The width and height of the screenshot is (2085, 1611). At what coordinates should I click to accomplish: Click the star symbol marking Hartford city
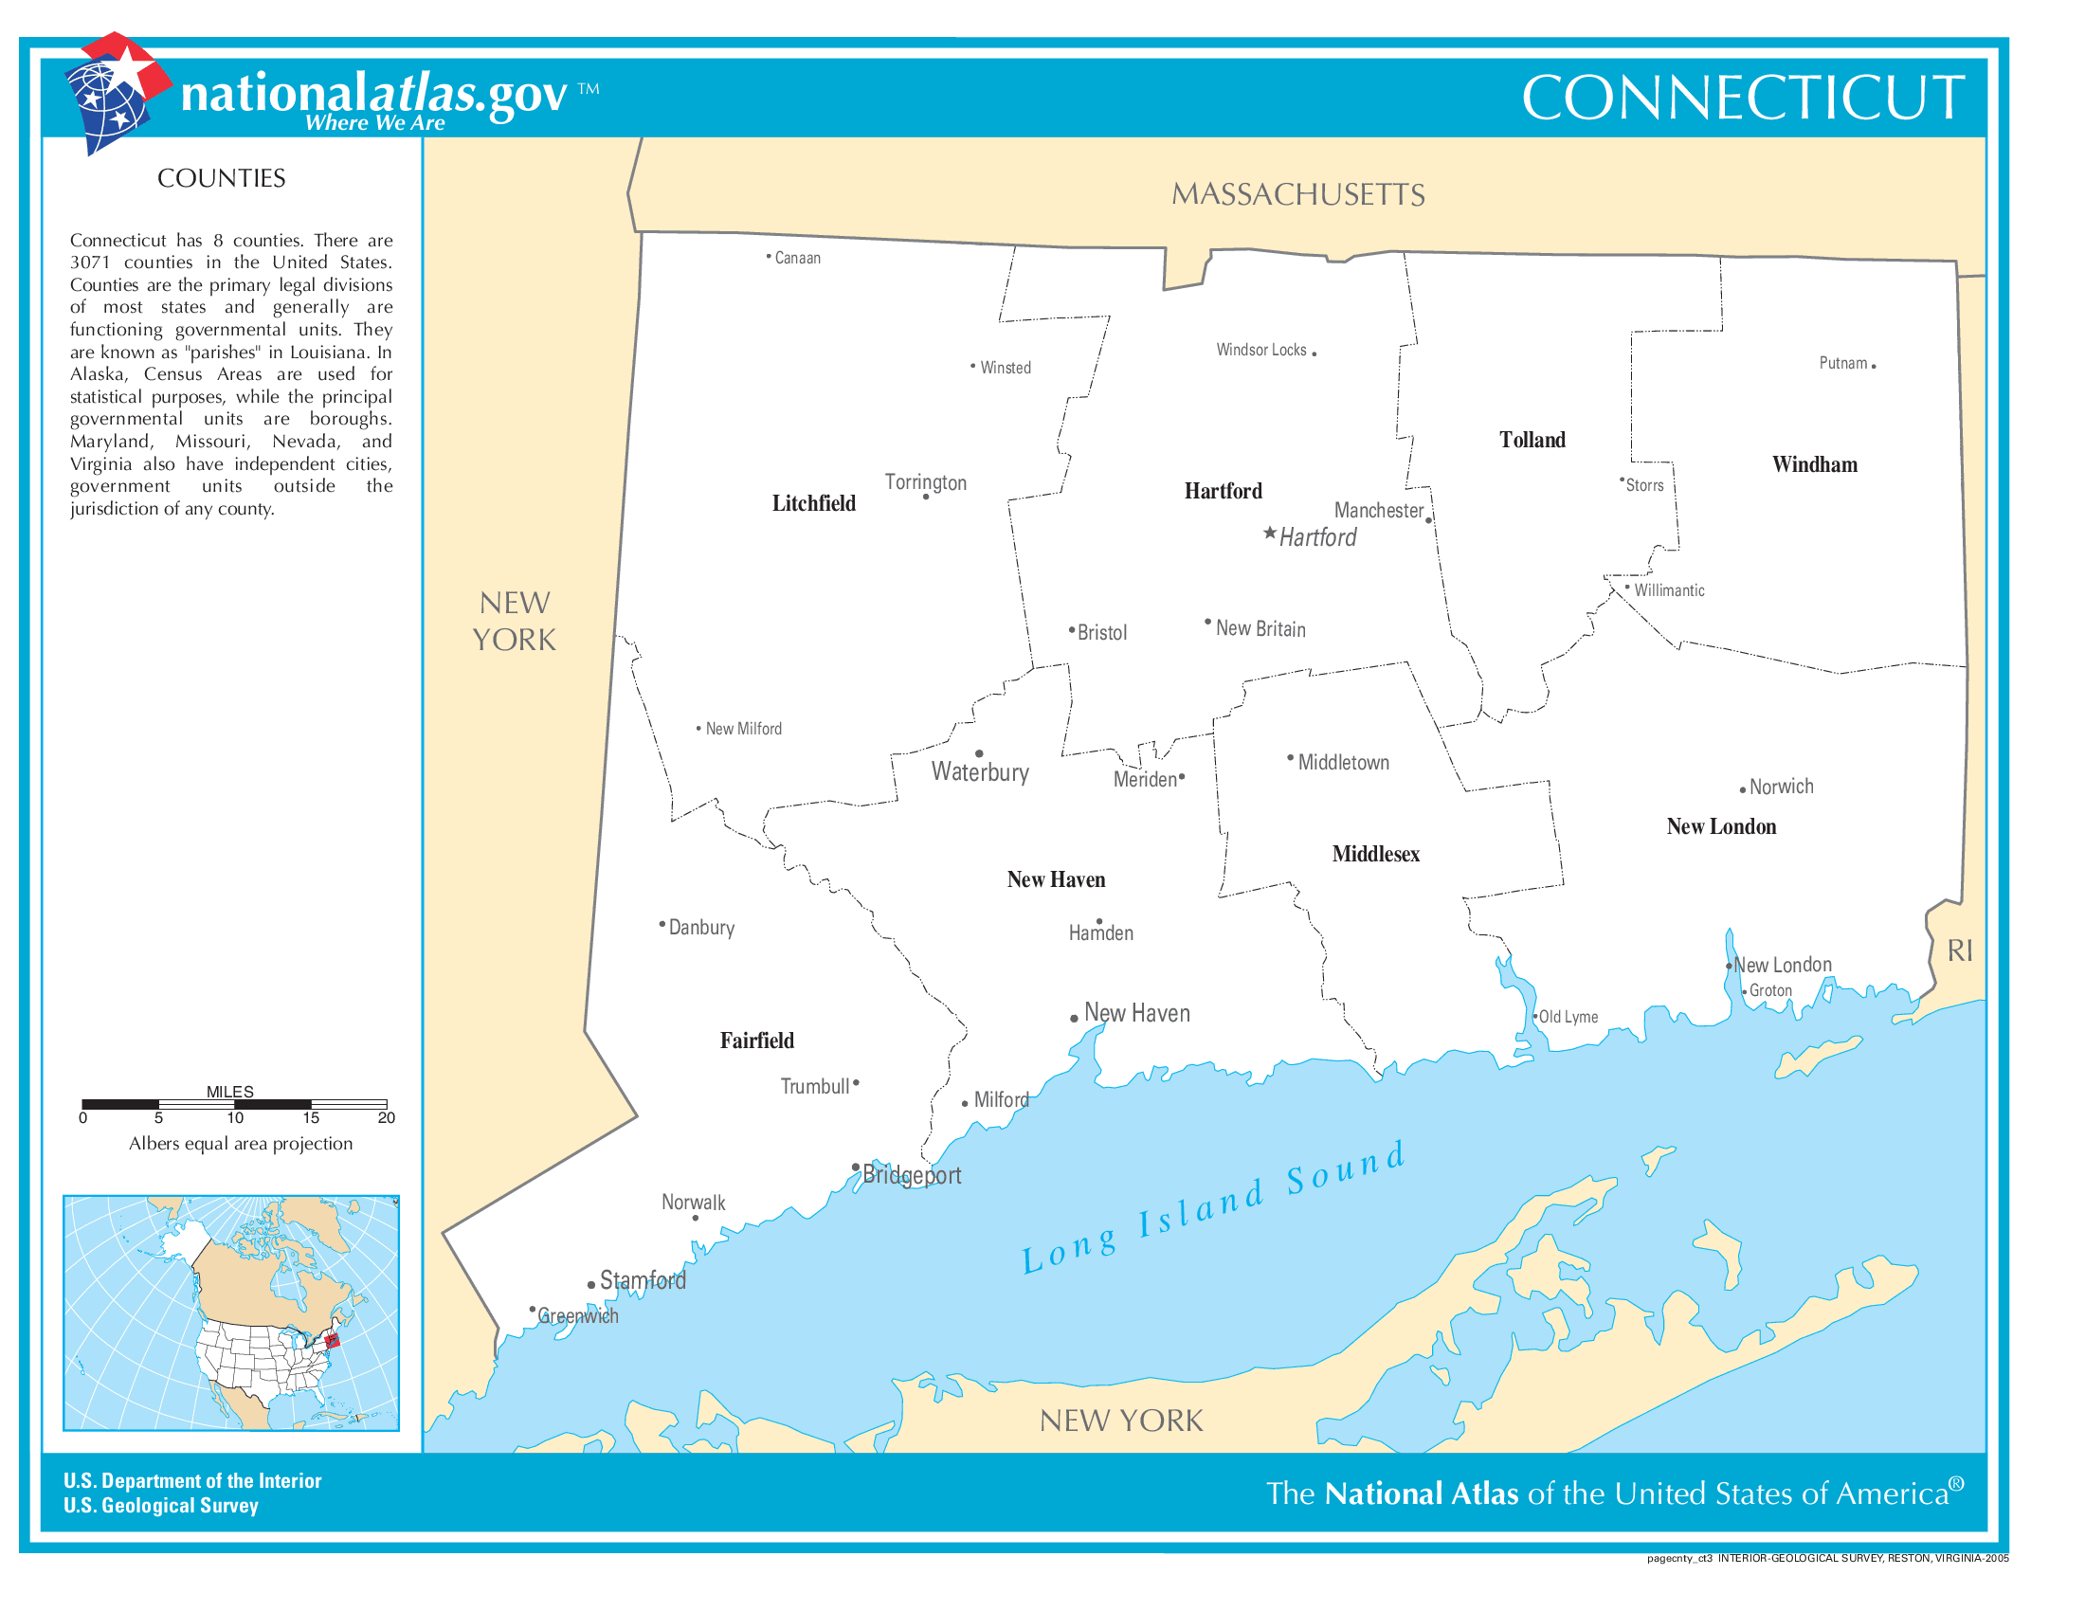(x=1270, y=533)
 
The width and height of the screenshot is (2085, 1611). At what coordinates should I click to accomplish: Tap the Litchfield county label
(x=813, y=503)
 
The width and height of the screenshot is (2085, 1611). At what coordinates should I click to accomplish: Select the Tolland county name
(x=1532, y=440)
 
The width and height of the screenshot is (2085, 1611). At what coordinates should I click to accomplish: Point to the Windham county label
(x=1815, y=464)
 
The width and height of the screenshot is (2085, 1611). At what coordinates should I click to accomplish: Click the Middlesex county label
(x=1376, y=854)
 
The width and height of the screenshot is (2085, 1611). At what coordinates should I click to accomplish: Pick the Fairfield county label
(x=756, y=1041)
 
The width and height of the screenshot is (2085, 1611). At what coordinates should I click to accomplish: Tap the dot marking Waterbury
(x=980, y=754)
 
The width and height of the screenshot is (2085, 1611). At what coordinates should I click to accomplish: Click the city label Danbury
(x=701, y=928)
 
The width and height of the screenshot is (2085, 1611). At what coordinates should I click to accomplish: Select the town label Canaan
(x=797, y=258)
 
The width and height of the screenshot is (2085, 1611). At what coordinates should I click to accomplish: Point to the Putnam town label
(x=1842, y=363)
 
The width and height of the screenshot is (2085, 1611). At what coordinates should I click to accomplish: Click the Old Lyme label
(x=1568, y=1017)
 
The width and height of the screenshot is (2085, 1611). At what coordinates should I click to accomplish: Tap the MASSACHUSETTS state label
(x=1297, y=194)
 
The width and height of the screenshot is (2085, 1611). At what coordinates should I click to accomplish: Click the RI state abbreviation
(x=1960, y=950)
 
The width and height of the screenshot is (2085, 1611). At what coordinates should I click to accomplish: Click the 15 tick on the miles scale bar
(x=311, y=1117)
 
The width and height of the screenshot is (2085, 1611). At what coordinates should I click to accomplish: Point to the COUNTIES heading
(x=221, y=178)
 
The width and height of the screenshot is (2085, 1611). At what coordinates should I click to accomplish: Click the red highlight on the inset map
(x=333, y=1341)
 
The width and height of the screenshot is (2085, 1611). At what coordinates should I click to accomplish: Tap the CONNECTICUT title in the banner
(x=1742, y=98)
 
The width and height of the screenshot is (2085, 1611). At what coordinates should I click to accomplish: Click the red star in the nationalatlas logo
(x=126, y=64)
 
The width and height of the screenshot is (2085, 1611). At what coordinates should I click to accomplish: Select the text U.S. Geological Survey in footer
(x=160, y=1505)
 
